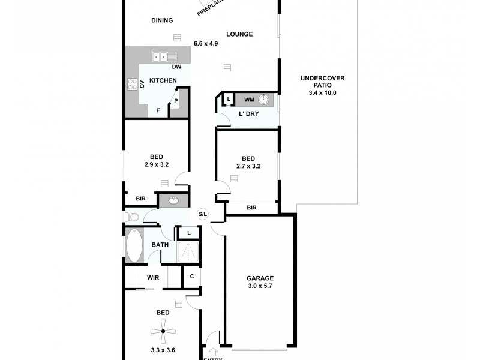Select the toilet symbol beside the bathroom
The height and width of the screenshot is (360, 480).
tap(133, 217)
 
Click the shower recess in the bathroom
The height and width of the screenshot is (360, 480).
tap(188, 253)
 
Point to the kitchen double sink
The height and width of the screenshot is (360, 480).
tap(160, 57)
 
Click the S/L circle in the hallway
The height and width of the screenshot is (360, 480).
tap(203, 214)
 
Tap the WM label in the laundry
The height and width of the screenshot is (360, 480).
tap(248, 100)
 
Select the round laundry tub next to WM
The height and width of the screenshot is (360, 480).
tap(268, 100)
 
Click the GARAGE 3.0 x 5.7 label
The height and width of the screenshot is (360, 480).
tap(260, 282)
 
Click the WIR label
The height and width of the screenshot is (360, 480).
tap(152, 278)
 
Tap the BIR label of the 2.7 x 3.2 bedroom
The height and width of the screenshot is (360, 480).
tap(251, 207)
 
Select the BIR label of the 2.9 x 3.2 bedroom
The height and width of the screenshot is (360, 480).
tap(140, 199)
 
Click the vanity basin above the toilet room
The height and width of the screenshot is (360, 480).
tap(174, 200)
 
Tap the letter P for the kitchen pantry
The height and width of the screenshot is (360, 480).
tap(176, 100)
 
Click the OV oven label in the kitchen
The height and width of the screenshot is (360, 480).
tap(142, 85)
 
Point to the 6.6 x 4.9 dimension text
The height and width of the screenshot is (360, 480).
tap(205, 43)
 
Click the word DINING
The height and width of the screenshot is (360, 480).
tap(162, 20)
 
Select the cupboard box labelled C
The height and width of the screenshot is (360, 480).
tap(191, 277)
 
